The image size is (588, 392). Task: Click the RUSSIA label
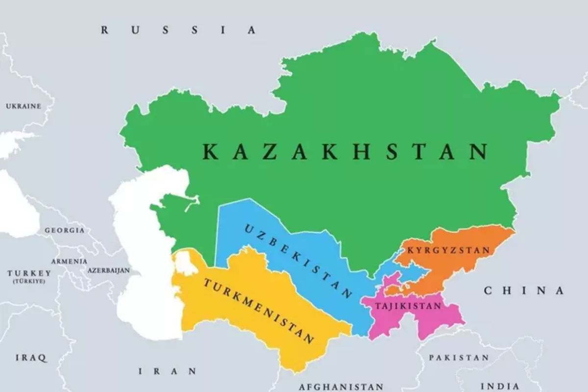point(178,30)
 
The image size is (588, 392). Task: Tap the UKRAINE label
point(24,106)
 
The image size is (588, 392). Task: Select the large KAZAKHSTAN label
point(345,151)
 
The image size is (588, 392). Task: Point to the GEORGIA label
point(64,230)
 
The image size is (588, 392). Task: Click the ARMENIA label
point(69,261)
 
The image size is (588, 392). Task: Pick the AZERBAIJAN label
point(109,270)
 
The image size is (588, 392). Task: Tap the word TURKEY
point(29,273)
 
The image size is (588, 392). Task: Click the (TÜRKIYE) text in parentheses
point(29,282)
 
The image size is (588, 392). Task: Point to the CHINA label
point(524,291)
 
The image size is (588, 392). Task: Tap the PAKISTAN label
point(459,358)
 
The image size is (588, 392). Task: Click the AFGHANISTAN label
point(341,386)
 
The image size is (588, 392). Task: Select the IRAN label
point(168,371)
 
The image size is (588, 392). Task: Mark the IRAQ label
point(31,358)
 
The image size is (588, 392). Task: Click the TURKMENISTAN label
point(258,311)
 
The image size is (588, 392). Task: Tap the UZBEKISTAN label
point(297,262)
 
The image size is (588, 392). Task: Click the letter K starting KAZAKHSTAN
point(210,152)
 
